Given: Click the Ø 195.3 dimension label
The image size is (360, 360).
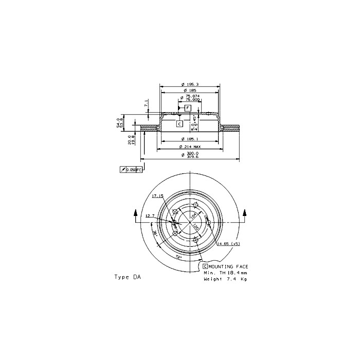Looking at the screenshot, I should [190, 85].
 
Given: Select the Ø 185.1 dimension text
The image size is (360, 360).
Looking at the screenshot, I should [190, 139].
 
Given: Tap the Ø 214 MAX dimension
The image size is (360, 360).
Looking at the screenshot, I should [190, 147].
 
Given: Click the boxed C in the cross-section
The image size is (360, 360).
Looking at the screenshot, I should [179, 124].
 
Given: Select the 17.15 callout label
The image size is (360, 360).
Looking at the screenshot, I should [157, 196].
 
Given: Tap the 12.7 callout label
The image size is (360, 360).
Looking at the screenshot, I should [150, 215].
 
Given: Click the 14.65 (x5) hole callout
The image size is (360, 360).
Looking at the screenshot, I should [228, 243].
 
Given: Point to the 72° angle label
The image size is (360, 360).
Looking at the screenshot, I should [178, 255].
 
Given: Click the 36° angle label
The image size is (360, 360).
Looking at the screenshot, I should [155, 234].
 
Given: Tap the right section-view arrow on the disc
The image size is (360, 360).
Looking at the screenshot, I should [245, 213].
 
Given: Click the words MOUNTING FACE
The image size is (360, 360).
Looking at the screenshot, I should [228, 266].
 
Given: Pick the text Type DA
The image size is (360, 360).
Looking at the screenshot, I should [127, 277].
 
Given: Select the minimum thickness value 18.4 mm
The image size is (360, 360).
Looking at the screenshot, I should [237, 273].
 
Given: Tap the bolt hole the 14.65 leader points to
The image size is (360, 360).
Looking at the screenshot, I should [209, 223].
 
